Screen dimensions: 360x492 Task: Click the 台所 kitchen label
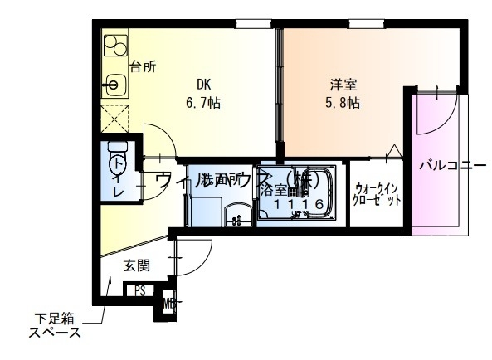tap(143, 67)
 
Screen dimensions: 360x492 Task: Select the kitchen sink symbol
tap(114, 83)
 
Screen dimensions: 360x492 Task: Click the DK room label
tap(204, 84)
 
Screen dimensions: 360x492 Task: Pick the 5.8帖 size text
tap(342, 103)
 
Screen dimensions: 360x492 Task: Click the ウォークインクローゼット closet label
tap(378, 194)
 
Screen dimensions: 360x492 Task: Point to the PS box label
tap(141, 291)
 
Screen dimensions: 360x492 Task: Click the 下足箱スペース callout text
tap(55, 326)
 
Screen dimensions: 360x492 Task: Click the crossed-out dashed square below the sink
tap(115, 119)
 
